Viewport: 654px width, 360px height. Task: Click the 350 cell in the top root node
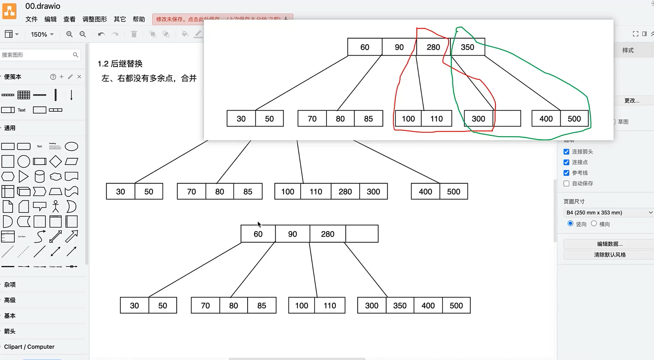point(468,47)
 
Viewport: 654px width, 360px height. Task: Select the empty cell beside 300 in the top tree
point(507,119)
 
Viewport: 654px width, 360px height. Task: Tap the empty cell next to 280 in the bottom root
point(362,234)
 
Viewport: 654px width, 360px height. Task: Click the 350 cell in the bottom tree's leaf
point(400,305)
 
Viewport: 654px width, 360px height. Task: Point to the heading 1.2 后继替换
point(120,64)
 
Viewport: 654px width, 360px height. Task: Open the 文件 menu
point(31,19)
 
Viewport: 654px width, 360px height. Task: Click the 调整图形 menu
point(95,19)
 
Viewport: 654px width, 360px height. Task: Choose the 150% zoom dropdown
point(42,34)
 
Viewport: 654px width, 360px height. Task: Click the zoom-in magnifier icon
point(69,34)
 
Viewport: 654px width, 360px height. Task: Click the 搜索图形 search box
point(36,55)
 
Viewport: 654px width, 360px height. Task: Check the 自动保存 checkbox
point(566,183)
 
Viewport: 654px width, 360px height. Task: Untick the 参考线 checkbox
point(566,173)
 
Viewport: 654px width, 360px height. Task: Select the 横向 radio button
point(594,224)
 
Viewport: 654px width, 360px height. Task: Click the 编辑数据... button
point(610,244)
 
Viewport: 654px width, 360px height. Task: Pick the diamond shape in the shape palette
point(56,161)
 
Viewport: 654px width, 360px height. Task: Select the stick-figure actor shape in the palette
point(56,206)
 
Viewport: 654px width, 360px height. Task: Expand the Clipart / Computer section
point(29,347)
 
